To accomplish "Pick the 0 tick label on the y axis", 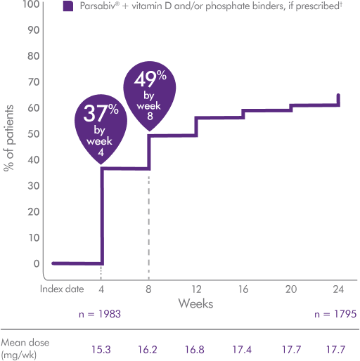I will (x=36, y=264).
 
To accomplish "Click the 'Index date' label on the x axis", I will (x=61, y=289).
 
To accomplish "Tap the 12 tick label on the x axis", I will (x=196, y=289).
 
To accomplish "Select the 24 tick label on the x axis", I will (x=339, y=289).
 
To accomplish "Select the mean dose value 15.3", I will (x=102, y=346).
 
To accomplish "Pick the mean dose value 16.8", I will (x=196, y=346).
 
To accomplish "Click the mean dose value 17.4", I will (x=243, y=346).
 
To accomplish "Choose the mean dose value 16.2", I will (x=149, y=346).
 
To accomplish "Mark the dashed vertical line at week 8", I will (x=148, y=225).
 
